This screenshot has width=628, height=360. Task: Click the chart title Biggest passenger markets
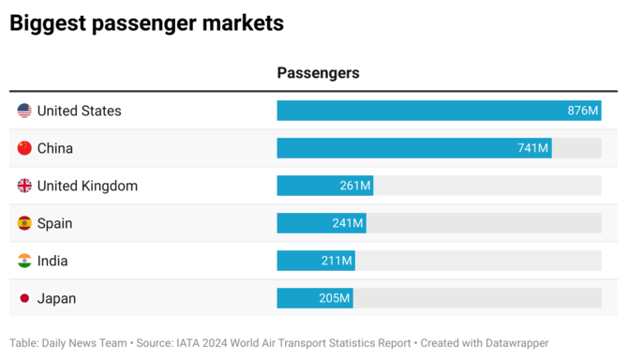tap(146, 23)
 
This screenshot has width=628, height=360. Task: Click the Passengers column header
tap(318, 73)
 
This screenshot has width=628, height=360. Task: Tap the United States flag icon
tap(24, 111)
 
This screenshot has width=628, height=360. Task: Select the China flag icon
tap(24, 148)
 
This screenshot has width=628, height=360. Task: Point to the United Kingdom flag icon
tap(24, 186)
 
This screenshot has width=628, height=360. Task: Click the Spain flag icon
tap(24, 223)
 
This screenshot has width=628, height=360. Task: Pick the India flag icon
tap(24, 261)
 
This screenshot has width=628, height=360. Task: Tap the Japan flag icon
tap(24, 298)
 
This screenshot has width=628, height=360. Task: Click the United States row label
tap(79, 111)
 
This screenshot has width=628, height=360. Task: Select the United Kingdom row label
tap(87, 186)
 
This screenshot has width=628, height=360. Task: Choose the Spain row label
tap(54, 223)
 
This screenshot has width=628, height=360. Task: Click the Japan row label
tap(56, 298)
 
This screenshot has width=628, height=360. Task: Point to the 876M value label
tap(582, 111)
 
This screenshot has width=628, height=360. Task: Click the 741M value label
tap(531, 148)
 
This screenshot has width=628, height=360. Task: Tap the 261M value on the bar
tap(355, 186)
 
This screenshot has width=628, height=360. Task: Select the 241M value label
tap(347, 223)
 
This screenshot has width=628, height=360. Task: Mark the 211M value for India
tap(336, 261)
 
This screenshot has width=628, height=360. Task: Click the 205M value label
tap(335, 298)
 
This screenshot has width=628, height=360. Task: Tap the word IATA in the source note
tap(194, 343)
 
